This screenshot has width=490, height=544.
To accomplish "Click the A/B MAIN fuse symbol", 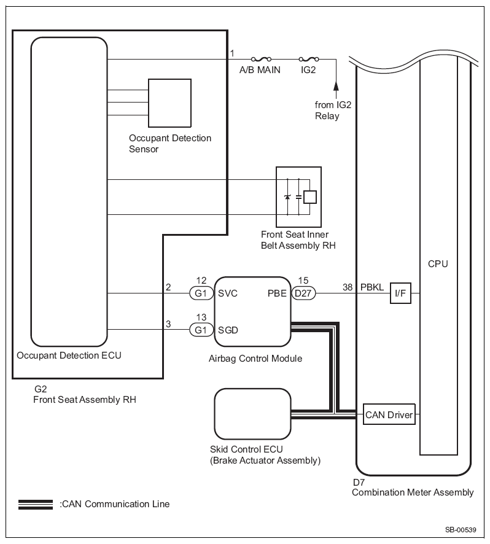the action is click(x=261, y=59).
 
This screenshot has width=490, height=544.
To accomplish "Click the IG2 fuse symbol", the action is click(x=309, y=59).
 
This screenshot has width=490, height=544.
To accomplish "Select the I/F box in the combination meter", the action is click(x=400, y=293).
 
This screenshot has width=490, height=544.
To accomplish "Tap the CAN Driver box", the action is click(x=389, y=414).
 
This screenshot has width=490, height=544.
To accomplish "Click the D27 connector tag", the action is click(x=303, y=293).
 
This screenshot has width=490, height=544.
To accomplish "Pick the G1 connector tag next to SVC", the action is click(x=201, y=293).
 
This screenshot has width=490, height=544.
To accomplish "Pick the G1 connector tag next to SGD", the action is click(x=201, y=330).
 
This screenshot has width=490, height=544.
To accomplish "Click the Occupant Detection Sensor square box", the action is click(x=169, y=103).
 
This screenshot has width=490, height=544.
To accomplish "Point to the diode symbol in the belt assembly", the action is click(x=287, y=196).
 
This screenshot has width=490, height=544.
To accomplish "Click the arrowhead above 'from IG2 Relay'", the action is click(x=336, y=86).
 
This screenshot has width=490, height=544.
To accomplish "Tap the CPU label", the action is click(x=438, y=264).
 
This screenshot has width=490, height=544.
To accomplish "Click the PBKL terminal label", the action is click(x=372, y=287).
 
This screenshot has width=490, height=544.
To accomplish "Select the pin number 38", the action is click(x=348, y=287).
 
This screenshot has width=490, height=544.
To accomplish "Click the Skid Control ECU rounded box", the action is click(x=252, y=414).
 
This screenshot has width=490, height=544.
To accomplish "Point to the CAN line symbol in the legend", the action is click(x=36, y=505).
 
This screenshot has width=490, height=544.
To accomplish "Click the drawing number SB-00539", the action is click(x=461, y=530).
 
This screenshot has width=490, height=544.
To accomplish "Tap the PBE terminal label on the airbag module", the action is click(x=277, y=293).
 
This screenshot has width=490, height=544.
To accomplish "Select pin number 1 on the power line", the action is click(x=232, y=53).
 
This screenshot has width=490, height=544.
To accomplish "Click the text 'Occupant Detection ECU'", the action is click(x=69, y=356).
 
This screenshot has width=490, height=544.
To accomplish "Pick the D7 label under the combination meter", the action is click(x=359, y=482).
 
